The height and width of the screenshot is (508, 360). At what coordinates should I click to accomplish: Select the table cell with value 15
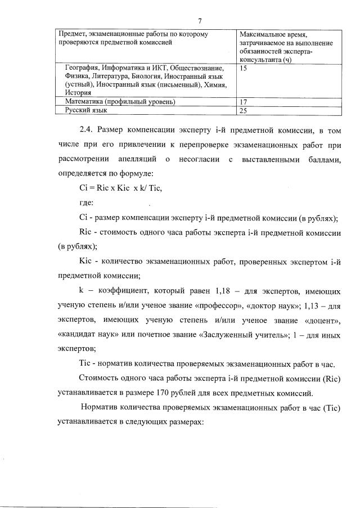243,68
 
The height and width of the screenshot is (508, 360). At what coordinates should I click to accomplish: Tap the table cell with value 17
243,102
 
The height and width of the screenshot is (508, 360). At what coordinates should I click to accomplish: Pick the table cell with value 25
243,111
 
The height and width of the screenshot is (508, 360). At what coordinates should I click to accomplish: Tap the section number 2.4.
88,130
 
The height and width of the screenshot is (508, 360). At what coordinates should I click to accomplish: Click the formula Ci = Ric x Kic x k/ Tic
124,188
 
